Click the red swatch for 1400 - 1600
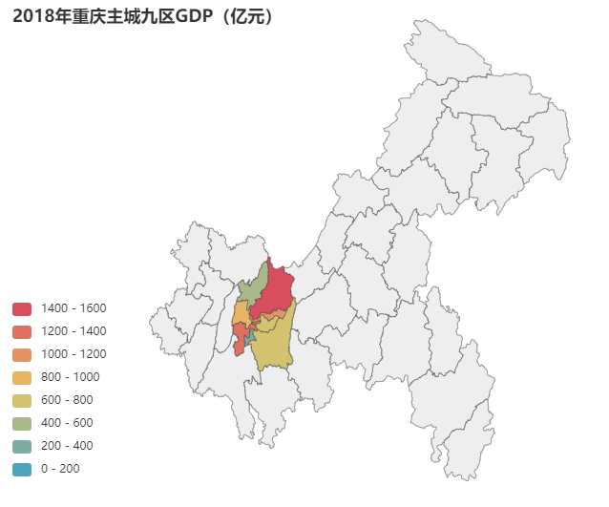[x=22, y=308]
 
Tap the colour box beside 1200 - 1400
[x=22, y=331]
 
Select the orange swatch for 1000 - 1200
[x=22, y=354]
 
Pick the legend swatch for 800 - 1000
[x=22, y=377]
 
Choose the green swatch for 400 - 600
[x=22, y=423]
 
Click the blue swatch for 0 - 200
[x=22, y=469]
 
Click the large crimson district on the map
[x=277, y=291]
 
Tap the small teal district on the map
[x=248, y=336]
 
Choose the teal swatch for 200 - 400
[x=22, y=446]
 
